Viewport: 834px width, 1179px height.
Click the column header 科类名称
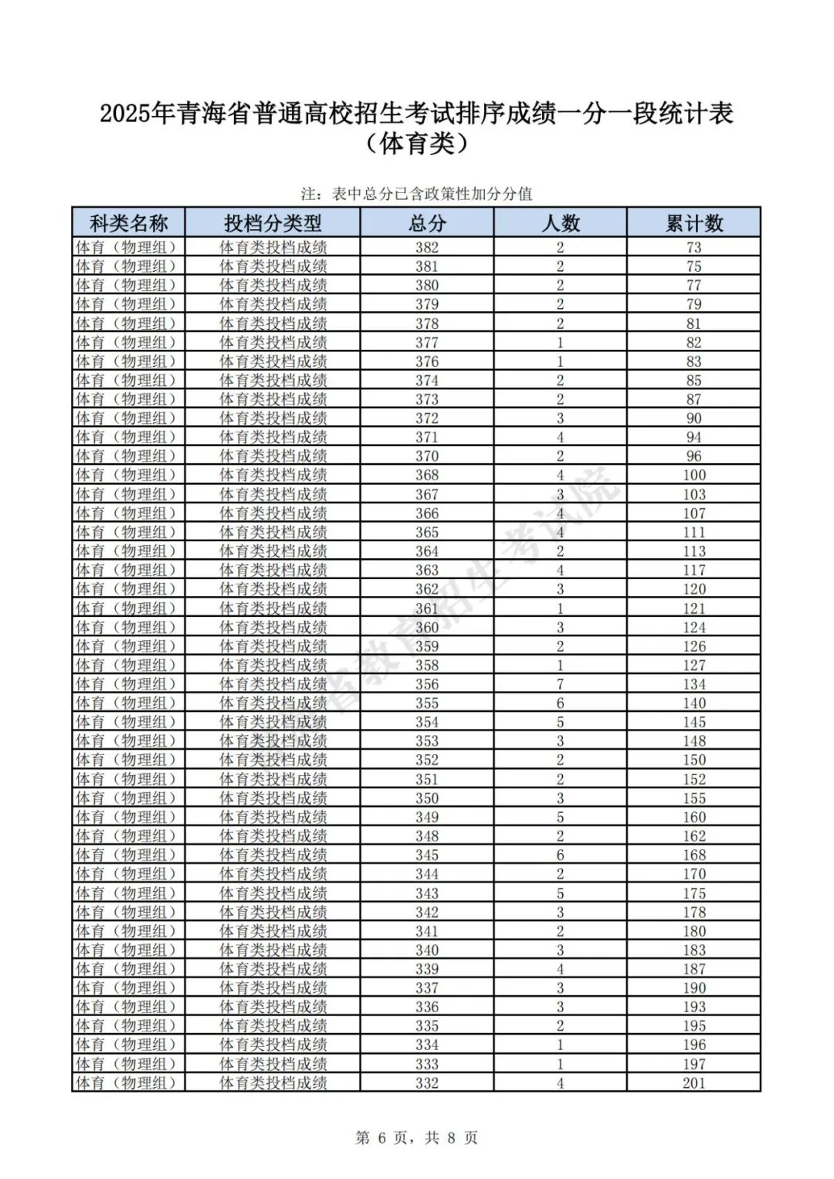pyautogui.click(x=128, y=223)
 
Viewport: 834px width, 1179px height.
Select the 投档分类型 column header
pyautogui.click(x=273, y=223)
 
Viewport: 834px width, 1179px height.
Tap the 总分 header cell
pyautogui.click(x=427, y=223)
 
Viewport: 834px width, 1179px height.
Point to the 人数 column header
pyautogui.click(x=561, y=223)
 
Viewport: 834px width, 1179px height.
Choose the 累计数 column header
pyautogui.click(x=693, y=223)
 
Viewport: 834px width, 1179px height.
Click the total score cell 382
pyautogui.click(x=427, y=247)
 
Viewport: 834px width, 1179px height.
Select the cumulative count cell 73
pyautogui.click(x=693, y=247)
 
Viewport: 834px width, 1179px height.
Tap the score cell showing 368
pyautogui.click(x=427, y=475)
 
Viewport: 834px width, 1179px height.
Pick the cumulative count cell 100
pyautogui.click(x=693, y=475)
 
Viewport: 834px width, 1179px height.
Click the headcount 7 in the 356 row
pyautogui.click(x=561, y=684)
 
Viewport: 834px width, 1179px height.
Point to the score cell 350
pyautogui.click(x=427, y=798)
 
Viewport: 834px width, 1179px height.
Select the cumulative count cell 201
pyautogui.click(x=693, y=1082)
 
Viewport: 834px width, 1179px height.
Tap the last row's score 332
pyautogui.click(x=427, y=1082)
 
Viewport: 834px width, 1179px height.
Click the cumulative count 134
pyautogui.click(x=693, y=684)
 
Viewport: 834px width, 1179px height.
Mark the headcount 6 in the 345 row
pyautogui.click(x=561, y=855)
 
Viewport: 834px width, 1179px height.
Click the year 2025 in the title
pyautogui.click(x=125, y=114)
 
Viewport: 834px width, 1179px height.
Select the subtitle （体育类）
pyautogui.click(x=417, y=144)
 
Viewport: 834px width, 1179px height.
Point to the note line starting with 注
pyautogui.click(x=417, y=194)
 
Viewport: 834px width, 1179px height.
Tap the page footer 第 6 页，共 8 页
pyautogui.click(x=417, y=1137)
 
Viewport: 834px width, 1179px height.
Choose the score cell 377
pyautogui.click(x=427, y=342)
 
